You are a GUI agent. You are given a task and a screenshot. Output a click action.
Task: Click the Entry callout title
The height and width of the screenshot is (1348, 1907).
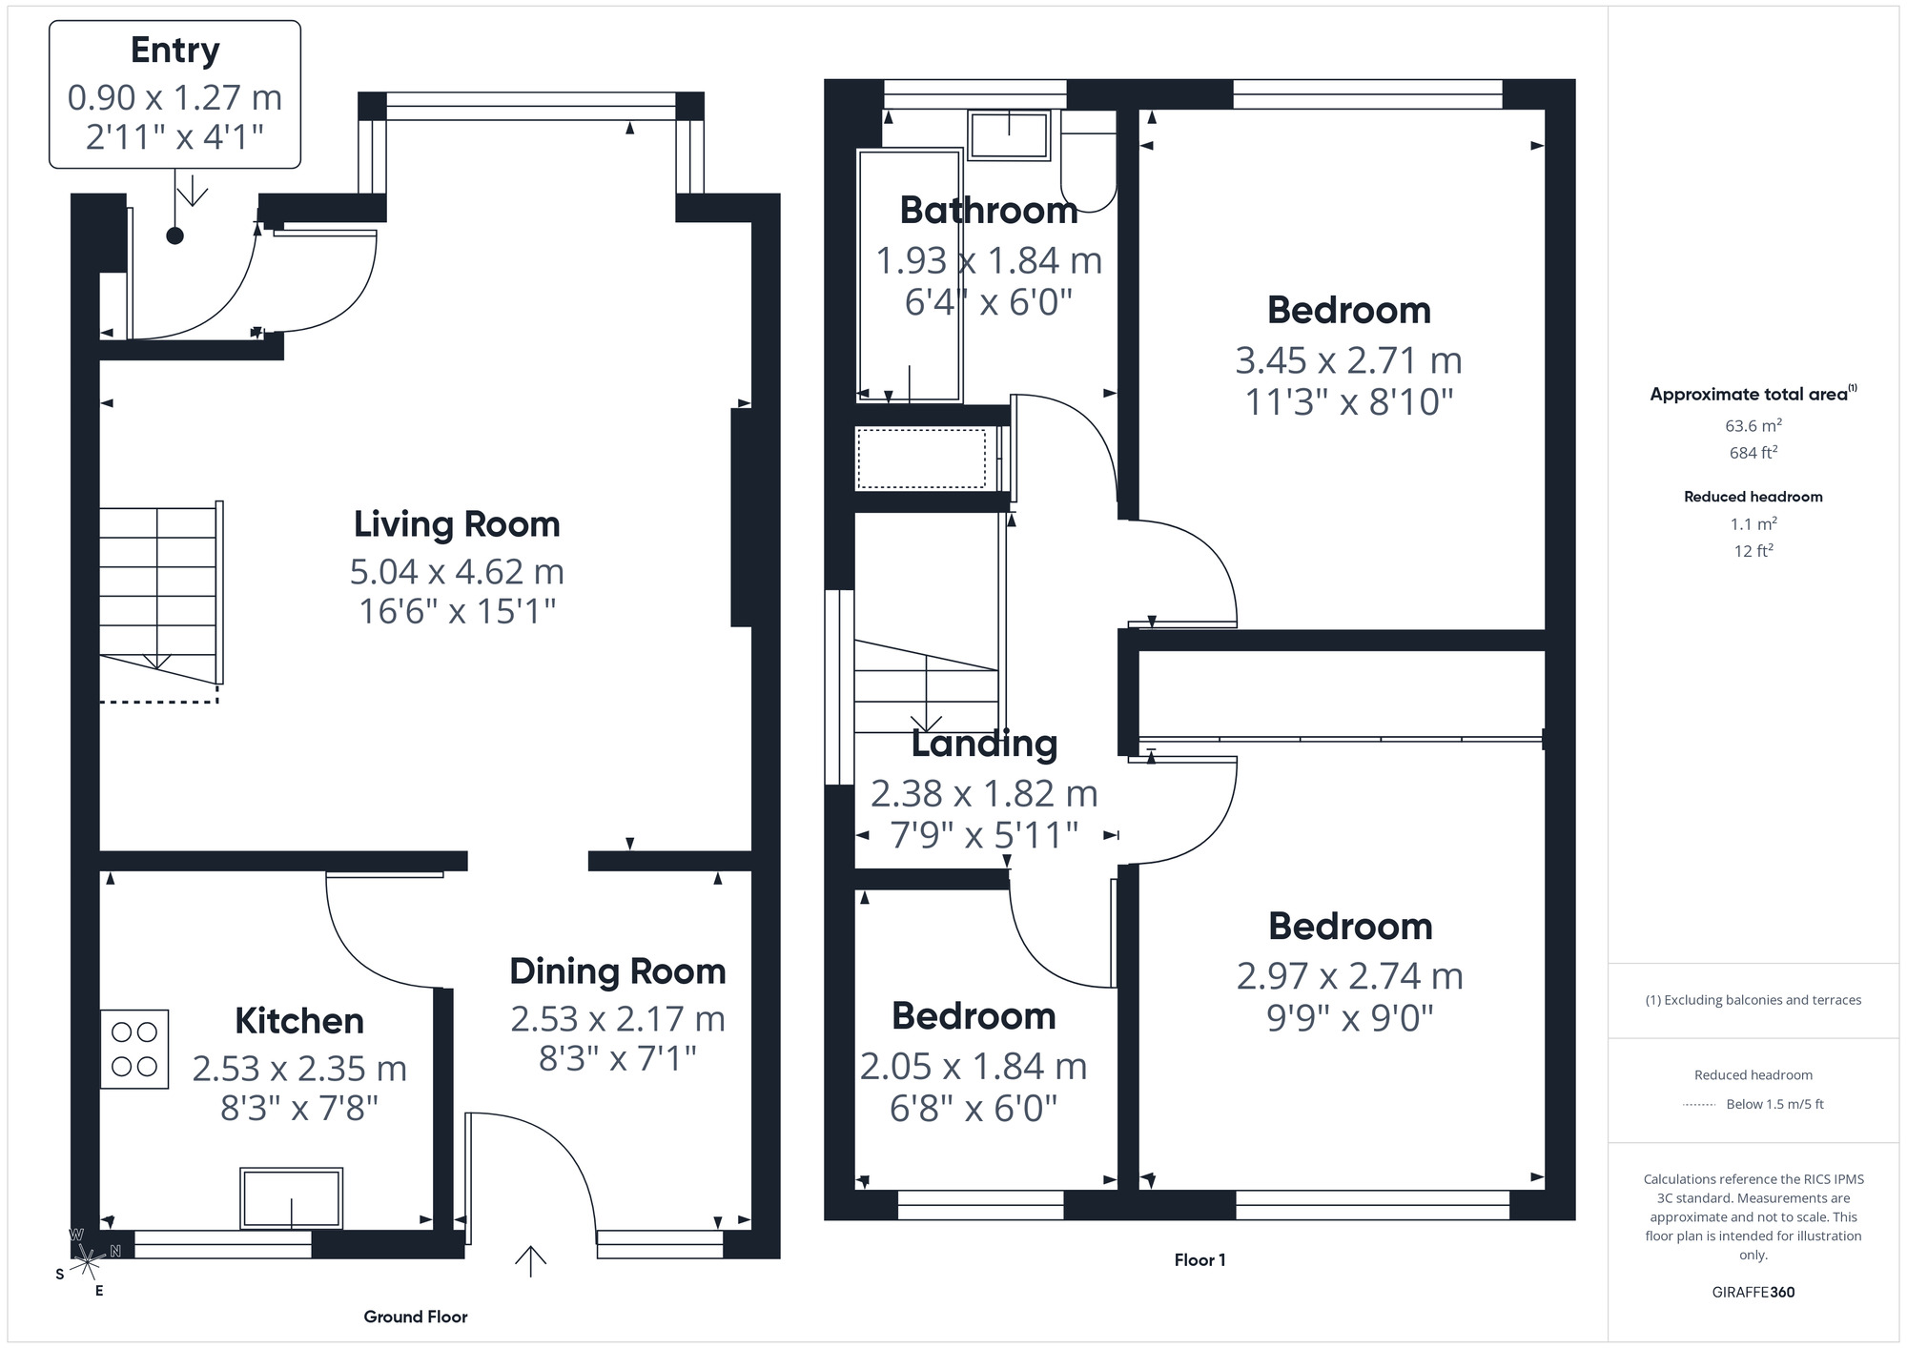pos(174,51)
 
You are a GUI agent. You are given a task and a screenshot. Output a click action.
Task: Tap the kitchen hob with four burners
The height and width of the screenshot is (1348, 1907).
pos(134,1049)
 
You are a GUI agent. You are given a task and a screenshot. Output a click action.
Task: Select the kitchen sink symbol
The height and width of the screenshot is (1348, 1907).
pos(291,1198)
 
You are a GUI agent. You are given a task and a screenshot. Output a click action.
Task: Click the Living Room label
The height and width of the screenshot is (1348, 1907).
pos(457,524)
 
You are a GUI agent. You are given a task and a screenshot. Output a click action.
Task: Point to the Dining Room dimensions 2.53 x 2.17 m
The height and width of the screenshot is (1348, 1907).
pos(618,1019)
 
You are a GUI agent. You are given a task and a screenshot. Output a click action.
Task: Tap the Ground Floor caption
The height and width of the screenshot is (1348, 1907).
pos(415,1317)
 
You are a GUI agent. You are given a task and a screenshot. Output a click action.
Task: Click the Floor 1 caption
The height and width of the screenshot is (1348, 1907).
pos(1200,1260)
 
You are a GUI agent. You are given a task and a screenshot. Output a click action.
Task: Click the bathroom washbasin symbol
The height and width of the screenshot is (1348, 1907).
pos(1009,135)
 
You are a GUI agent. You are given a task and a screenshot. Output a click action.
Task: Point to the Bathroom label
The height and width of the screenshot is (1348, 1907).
pos(988,211)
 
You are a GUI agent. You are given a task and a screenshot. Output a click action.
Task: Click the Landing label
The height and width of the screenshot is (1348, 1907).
pos(984,745)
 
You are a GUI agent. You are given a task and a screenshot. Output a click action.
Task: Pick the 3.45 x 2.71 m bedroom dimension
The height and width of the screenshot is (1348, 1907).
pos(1348,360)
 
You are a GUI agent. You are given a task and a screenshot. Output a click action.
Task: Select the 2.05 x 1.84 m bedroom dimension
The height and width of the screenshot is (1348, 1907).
pos(974,1067)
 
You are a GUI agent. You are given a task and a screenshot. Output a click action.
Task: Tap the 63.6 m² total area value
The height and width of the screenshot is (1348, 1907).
pos(1753,425)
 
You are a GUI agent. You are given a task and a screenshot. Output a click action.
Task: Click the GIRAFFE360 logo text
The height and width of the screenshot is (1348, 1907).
pos(1753,1292)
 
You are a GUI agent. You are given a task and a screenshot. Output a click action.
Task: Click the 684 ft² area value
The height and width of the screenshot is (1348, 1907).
pos(1753,453)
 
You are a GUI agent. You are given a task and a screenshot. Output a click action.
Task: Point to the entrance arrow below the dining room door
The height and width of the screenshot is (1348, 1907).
pos(530,1260)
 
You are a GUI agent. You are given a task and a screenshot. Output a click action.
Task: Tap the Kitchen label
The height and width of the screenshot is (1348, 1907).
pos(299,1021)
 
